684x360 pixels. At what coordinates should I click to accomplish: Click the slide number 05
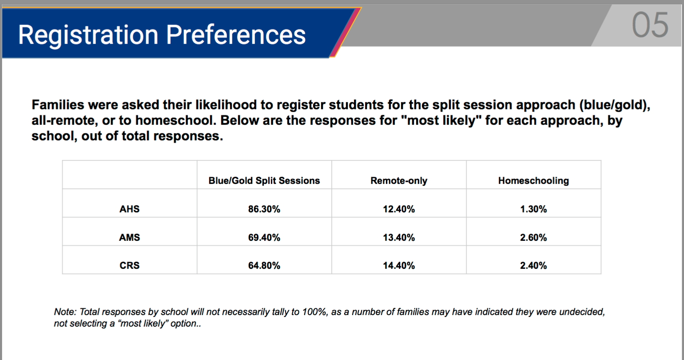[650, 25]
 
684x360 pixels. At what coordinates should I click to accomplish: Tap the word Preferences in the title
[236, 35]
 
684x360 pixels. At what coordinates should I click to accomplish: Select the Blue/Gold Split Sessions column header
[264, 180]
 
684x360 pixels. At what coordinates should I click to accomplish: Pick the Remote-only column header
[399, 180]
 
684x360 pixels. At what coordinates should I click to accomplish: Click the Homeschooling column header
[533, 180]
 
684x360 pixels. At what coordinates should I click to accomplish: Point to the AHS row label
[130, 209]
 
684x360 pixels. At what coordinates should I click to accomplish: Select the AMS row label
[130, 237]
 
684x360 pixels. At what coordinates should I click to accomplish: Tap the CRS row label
[130, 265]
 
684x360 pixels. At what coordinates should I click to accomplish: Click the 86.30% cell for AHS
[264, 209]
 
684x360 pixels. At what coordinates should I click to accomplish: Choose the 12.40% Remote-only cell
[399, 209]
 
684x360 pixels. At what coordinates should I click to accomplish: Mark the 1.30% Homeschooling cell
[533, 209]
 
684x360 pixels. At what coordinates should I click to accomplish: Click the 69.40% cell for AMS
[264, 237]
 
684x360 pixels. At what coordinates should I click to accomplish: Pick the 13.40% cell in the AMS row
[399, 237]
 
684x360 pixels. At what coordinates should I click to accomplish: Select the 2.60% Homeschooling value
[533, 237]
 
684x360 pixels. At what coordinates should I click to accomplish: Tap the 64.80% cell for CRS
[264, 265]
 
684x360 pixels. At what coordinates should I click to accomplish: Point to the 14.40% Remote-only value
[399, 265]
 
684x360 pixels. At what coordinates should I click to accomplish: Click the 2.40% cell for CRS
[533, 265]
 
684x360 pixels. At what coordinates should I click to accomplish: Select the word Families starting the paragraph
[58, 105]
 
